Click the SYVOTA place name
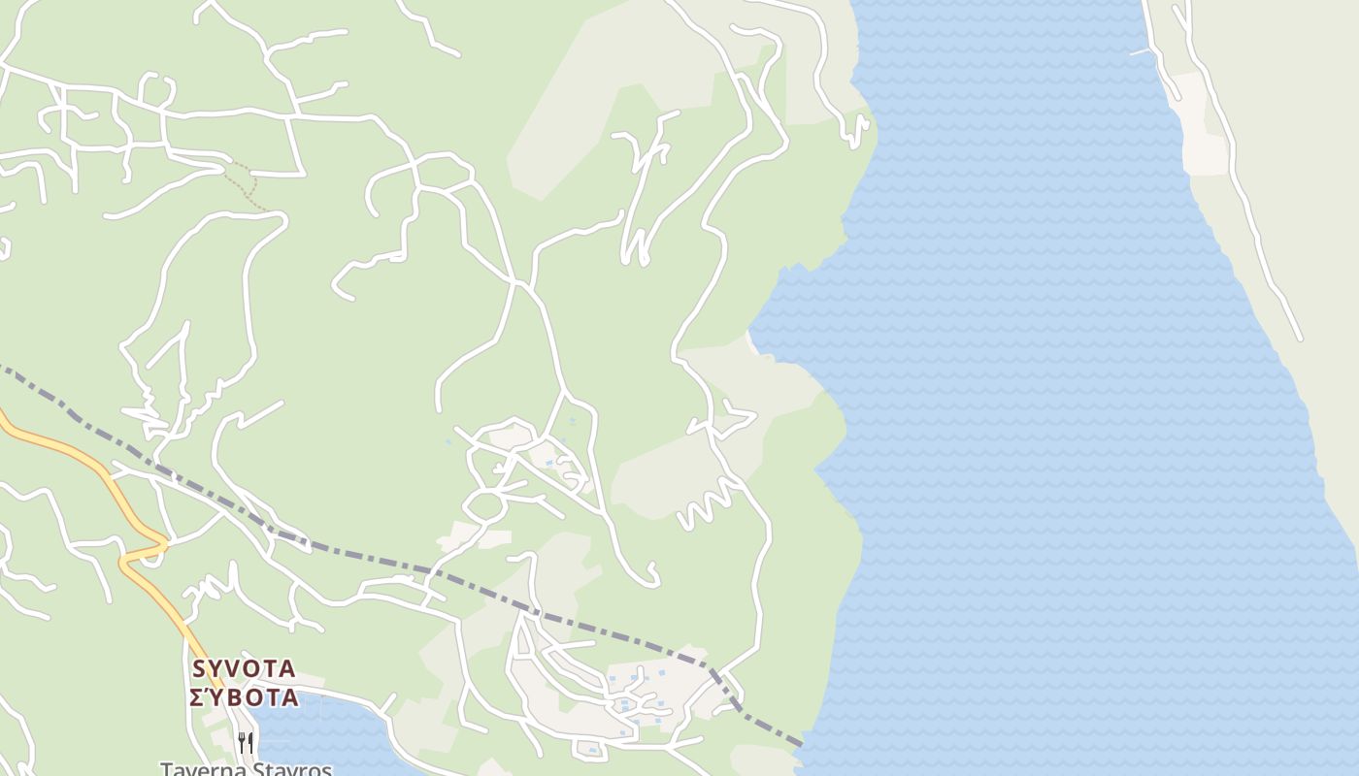pos(244,668)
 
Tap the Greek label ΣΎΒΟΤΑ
pos(244,697)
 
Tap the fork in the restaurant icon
pos(241,743)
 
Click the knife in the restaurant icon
pos(250,743)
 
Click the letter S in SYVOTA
pos(200,668)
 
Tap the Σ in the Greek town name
pos(197,697)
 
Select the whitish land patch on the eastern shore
pos(1202,145)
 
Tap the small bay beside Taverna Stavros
pos(320,737)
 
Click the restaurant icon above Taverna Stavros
pos(246,743)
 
